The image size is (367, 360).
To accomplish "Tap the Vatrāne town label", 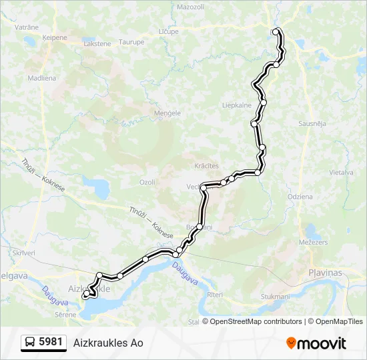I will [27, 27].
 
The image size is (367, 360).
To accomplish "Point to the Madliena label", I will [42, 78].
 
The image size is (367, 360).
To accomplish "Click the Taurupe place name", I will [131, 42].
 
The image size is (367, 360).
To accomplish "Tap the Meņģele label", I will [167, 113].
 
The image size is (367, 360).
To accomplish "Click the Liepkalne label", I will [237, 105].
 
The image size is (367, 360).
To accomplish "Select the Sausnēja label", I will [312, 124].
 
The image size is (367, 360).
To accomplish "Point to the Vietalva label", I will [340, 172].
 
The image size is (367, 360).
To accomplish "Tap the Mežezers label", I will [314, 242].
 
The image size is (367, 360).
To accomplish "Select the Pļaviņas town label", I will [325, 273].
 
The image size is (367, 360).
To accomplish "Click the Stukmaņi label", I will [276, 296].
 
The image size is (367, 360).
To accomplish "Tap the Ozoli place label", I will [147, 182].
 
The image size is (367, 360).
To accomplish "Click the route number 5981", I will [51, 342].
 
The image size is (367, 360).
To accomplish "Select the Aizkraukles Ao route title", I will [107, 343].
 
